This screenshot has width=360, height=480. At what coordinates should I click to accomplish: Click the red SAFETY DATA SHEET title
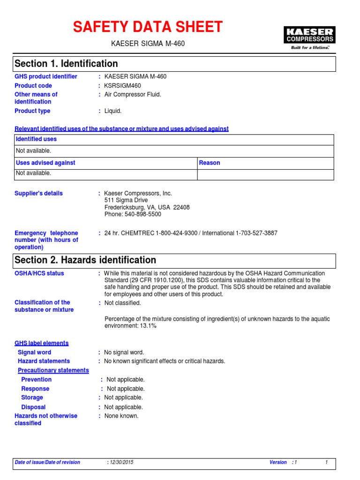point(148,27)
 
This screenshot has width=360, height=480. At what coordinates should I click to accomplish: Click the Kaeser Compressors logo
point(309,38)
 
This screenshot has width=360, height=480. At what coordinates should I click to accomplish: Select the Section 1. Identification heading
point(66,64)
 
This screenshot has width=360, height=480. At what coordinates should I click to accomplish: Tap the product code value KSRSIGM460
point(122,86)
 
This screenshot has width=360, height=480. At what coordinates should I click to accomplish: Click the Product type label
point(32,111)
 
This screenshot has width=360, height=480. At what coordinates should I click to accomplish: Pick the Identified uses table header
point(36,139)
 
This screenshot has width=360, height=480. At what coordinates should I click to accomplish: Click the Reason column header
point(210,163)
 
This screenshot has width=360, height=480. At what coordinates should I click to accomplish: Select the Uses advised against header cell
point(45,163)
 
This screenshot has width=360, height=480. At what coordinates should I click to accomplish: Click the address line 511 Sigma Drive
point(126,200)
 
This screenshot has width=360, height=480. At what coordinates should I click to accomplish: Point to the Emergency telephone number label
point(46,240)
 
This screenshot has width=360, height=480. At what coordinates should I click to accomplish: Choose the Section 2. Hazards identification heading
point(85,260)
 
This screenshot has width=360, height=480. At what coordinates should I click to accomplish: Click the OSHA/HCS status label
point(39,273)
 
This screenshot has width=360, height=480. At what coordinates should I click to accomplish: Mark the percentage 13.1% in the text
point(148,326)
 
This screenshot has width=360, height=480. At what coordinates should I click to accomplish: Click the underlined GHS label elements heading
point(41,343)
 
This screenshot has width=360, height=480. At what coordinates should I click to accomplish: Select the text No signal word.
point(124,352)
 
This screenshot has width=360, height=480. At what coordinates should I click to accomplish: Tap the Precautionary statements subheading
point(53,370)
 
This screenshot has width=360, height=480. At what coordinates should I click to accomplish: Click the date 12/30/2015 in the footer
point(121,462)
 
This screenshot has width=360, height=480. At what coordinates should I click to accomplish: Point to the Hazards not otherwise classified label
point(46,420)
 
